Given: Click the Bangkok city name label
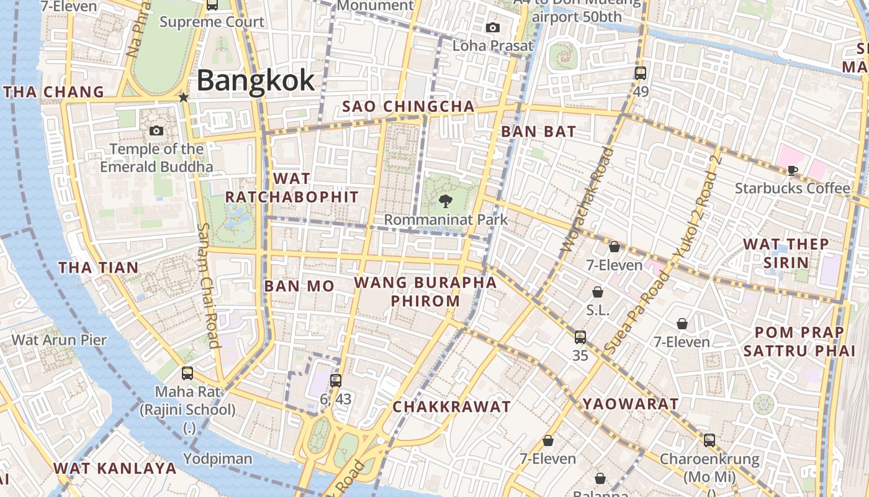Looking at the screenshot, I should click(256, 81).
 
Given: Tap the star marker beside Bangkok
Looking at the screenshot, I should click(183, 98).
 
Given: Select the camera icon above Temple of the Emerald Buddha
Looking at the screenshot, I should click(156, 130).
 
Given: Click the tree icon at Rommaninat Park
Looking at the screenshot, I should click(445, 200).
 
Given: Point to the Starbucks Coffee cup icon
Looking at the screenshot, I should click(792, 170).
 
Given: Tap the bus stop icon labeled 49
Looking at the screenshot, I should click(641, 73).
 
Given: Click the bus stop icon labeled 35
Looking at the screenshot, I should click(580, 337).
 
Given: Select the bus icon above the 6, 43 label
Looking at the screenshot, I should click(336, 380).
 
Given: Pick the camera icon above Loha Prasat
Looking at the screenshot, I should click(493, 27).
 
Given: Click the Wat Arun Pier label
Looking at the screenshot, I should click(60, 340).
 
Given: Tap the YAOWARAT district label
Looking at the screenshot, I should click(631, 404).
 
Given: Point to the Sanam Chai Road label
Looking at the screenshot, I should click(208, 285).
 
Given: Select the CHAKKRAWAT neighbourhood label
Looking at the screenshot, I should click(452, 407).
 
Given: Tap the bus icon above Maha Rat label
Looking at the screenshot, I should click(187, 373).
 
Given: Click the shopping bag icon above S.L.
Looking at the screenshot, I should click(598, 292).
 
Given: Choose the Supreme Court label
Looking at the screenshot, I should click(212, 22).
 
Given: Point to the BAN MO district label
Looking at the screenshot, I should click(299, 286).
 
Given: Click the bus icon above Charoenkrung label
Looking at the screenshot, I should click(709, 440).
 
